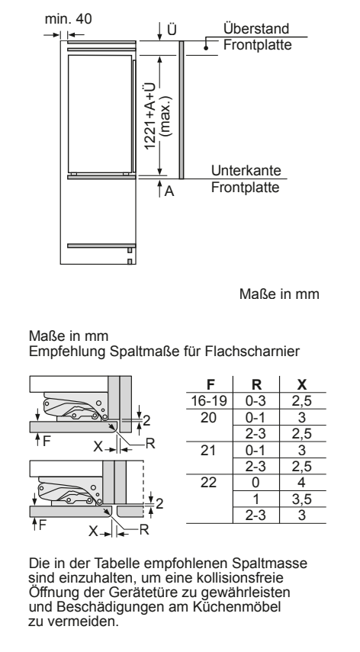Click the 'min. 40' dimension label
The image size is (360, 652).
[x=68, y=19]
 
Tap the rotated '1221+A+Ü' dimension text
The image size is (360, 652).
[x=150, y=116]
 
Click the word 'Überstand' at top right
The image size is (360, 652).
[x=256, y=29]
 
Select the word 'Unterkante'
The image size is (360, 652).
[x=246, y=171]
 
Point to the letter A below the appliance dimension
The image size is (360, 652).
[x=169, y=191]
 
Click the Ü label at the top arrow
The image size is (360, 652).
[x=172, y=30]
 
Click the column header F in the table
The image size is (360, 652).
[x=211, y=384]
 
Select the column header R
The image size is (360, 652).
[x=256, y=384]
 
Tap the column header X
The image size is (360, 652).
[x=302, y=384]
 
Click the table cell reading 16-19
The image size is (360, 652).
[x=209, y=401]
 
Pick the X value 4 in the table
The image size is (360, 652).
[x=302, y=483]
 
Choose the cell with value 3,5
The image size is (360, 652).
[x=302, y=499]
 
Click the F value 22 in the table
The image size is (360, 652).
[x=209, y=483]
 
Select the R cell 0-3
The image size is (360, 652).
[x=256, y=401]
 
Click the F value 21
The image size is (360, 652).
[x=209, y=450]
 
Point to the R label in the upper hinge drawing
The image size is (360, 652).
[x=150, y=444]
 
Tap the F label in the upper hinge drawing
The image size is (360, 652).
[x=47, y=441]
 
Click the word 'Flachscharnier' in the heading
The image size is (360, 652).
[x=252, y=352]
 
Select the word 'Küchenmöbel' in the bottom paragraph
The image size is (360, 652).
[x=237, y=607]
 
